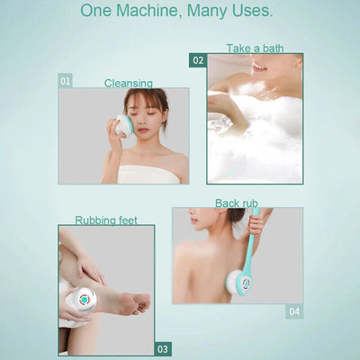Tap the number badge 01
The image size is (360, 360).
65,81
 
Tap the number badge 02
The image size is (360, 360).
197,60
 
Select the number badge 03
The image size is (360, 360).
162,348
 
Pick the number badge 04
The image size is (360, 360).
294,311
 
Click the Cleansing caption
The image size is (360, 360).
128,83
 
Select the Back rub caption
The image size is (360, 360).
236,203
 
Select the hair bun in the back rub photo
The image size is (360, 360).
236,215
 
